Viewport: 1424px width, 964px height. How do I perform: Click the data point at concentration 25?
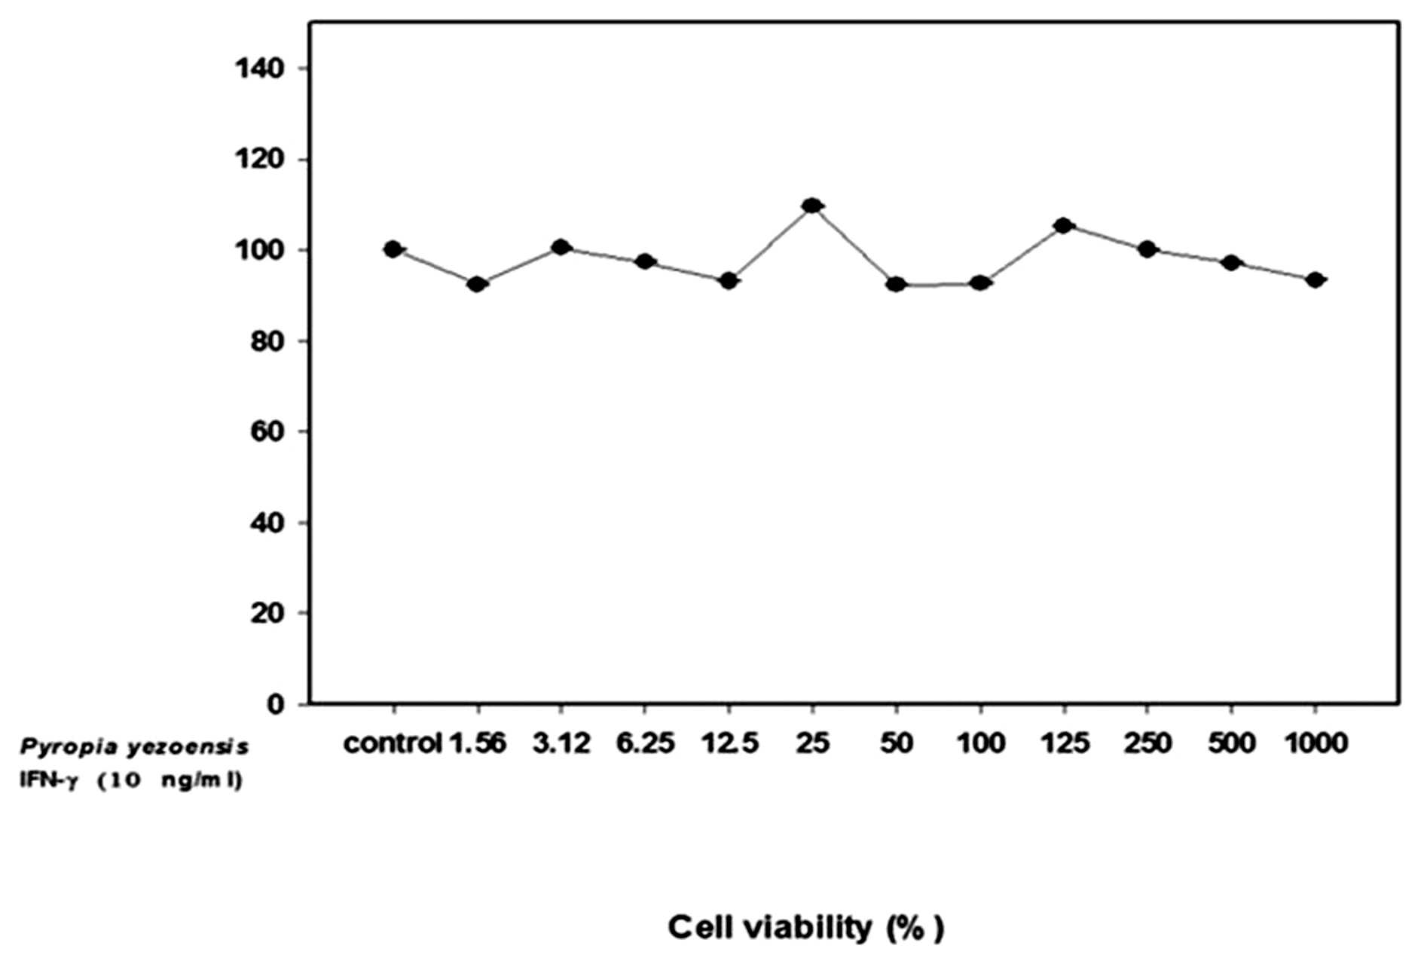(811, 206)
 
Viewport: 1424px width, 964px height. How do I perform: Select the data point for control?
(393, 249)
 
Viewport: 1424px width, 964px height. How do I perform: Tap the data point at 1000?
(1316, 280)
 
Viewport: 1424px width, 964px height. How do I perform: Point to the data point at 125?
(1063, 225)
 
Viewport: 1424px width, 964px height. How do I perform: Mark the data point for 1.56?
(476, 284)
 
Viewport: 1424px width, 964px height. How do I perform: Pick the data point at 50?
(896, 284)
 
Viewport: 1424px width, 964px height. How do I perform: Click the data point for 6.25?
(644, 262)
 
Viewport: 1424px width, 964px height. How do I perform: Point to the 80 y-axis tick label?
(268, 341)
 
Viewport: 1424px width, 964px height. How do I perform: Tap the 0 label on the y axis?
(277, 704)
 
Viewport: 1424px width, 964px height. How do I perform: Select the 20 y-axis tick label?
(268, 613)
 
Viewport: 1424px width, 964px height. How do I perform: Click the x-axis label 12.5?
(729, 744)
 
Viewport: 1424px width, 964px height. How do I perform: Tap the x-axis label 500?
(1232, 744)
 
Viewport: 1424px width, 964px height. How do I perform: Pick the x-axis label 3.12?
(561, 744)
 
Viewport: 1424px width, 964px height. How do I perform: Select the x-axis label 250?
(1147, 744)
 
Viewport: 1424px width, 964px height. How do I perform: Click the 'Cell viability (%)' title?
(805, 927)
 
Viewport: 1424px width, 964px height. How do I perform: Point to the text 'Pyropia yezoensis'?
(134, 747)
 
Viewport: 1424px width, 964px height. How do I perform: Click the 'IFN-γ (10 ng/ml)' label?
(131, 781)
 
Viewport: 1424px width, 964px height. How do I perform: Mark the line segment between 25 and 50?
(854, 245)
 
